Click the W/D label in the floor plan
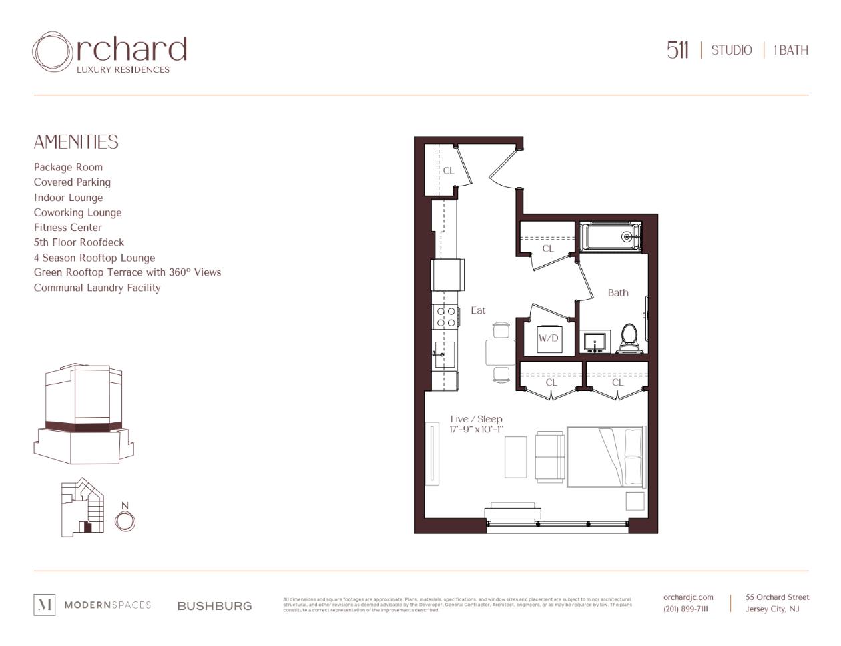tap(548, 338)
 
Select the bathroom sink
tap(594, 342)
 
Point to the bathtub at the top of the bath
tap(610, 236)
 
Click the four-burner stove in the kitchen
tap(446, 317)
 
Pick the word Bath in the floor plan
tap(618, 292)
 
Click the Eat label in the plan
tap(478, 310)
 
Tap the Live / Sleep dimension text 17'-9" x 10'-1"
tap(476, 429)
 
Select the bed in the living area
tap(606, 457)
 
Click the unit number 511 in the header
tap(677, 50)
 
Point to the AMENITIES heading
tap(76, 142)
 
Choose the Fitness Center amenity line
tap(68, 228)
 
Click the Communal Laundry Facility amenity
tap(97, 288)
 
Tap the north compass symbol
tap(125, 520)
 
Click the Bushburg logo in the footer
tap(214, 606)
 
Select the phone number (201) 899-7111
tap(685, 609)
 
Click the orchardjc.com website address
tap(688, 597)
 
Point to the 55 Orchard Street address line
tap(777, 597)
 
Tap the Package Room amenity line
tap(68, 167)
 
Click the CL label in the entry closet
tap(449, 170)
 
